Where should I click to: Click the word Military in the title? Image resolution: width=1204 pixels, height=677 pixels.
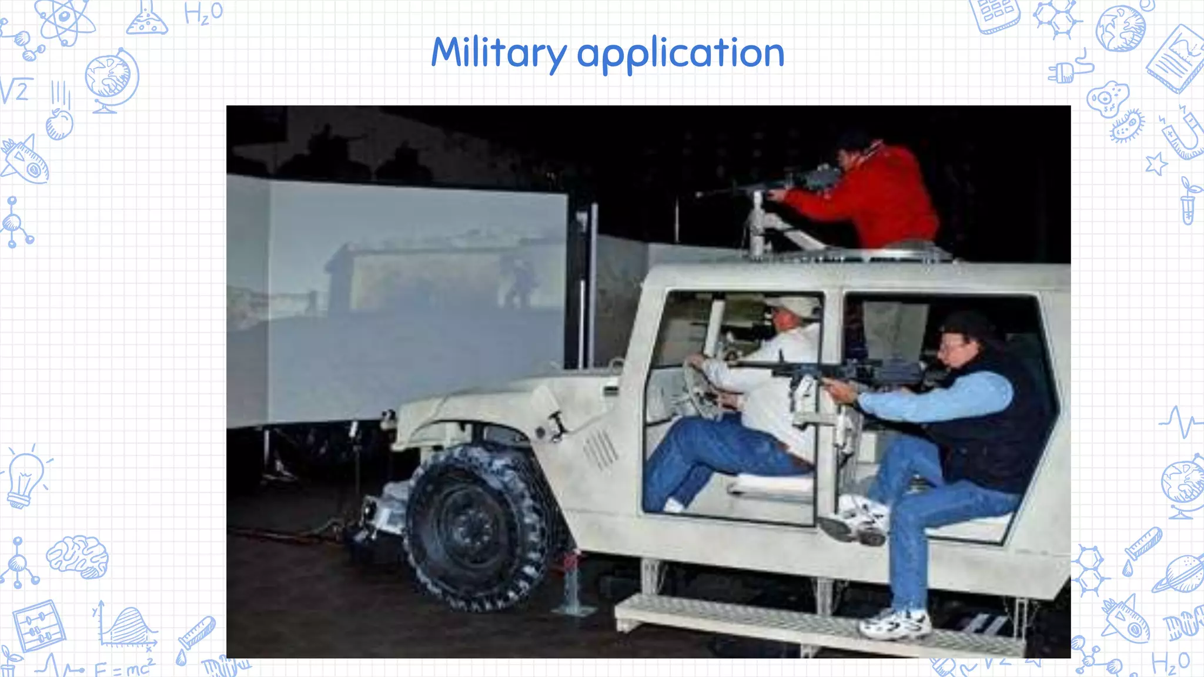pos(499,53)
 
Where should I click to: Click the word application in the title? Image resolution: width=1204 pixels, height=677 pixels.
pos(680,54)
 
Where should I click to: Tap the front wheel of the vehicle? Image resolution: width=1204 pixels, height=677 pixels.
pos(474,526)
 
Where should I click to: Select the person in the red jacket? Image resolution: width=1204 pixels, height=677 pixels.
pos(870,194)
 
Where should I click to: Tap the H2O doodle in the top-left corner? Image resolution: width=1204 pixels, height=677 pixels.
pos(203,13)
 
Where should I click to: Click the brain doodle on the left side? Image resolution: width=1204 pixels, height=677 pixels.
pos(78,555)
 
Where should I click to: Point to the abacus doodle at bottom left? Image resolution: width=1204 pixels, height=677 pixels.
pos(39,626)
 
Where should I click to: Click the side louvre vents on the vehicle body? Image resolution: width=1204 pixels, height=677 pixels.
pos(600,450)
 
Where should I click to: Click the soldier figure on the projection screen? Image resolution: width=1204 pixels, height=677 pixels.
pos(517,282)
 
